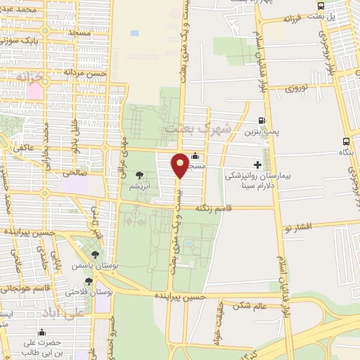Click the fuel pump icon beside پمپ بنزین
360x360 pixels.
[262, 121]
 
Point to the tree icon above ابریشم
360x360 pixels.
[139, 174]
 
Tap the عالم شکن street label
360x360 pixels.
[251, 306]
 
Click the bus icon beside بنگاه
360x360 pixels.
[345, 141]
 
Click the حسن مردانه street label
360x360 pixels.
[85, 71]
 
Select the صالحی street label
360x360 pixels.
[74, 171]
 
